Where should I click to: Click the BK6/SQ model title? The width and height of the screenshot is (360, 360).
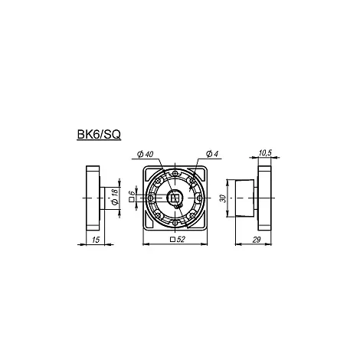coord(99,135)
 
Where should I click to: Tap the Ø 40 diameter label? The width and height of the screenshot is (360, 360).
coord(145,154)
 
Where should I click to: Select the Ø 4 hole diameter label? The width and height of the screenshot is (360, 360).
coord(212,154)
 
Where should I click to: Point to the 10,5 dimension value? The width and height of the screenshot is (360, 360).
coord(265,153)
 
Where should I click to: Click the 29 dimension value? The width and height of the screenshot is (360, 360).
coord(257,240)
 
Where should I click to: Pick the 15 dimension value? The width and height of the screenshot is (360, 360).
coord(96,240)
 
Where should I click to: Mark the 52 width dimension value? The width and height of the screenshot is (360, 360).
coord(181,239)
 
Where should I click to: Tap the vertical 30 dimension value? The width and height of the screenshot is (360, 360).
coord(223,198)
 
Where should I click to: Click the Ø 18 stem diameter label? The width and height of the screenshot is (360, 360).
coord(114,197)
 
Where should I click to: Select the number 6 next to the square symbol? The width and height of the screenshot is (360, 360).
coord(132,192)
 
